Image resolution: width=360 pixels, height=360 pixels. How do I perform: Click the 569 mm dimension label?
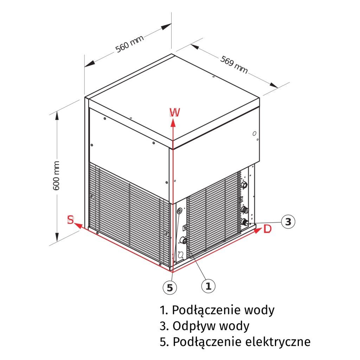[x=234, y=64]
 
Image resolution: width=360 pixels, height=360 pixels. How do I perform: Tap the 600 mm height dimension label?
[x=57, y=176]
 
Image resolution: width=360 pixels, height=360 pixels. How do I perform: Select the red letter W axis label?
[x=175, y=112]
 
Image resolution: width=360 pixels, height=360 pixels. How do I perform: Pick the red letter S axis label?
[x=70, y=220]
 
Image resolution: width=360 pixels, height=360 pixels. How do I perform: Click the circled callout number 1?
[x=208, y=286]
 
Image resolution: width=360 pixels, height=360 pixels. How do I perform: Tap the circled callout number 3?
[x=288, y=222]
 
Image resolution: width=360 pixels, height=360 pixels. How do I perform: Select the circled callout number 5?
[x=170, y=288]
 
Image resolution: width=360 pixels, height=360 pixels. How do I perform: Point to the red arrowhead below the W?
[x=173, y=122]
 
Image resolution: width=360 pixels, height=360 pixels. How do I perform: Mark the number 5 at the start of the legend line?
[x=162, y=342]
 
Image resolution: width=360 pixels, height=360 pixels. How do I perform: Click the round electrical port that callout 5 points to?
[x=180, y=211]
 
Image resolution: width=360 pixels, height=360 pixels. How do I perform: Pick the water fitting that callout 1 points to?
[x=183, y=241]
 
